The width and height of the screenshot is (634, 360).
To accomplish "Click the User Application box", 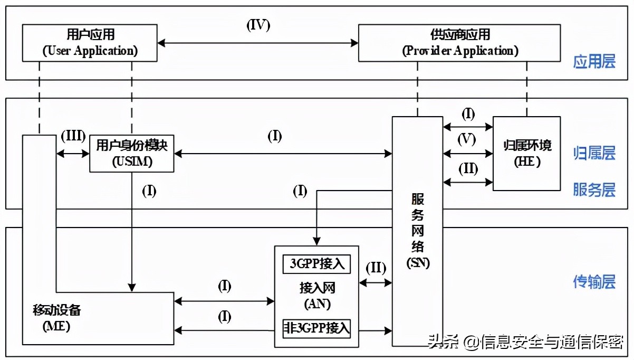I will [90, 43].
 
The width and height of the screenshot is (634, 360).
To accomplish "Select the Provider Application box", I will [460, 43].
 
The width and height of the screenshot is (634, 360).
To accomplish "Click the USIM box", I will [132, 153].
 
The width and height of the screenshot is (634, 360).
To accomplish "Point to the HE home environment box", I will [526, 153].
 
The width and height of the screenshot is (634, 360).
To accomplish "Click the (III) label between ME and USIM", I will [73, 136].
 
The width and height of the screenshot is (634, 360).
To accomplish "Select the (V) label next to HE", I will [467, 139].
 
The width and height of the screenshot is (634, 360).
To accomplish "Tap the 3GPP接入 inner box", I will [316, 263].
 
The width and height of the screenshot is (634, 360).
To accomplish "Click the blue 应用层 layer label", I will [594, 62].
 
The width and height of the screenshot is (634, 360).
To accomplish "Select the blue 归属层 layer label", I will [594, 154].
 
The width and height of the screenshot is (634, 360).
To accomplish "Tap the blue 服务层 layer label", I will [594, 190].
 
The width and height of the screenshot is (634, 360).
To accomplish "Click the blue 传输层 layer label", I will [594, 282].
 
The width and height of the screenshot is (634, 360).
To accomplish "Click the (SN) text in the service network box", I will [417, 263].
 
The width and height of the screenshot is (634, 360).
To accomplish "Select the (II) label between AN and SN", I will [376, 268].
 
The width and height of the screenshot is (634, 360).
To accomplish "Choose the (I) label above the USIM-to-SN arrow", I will [275, 137].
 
